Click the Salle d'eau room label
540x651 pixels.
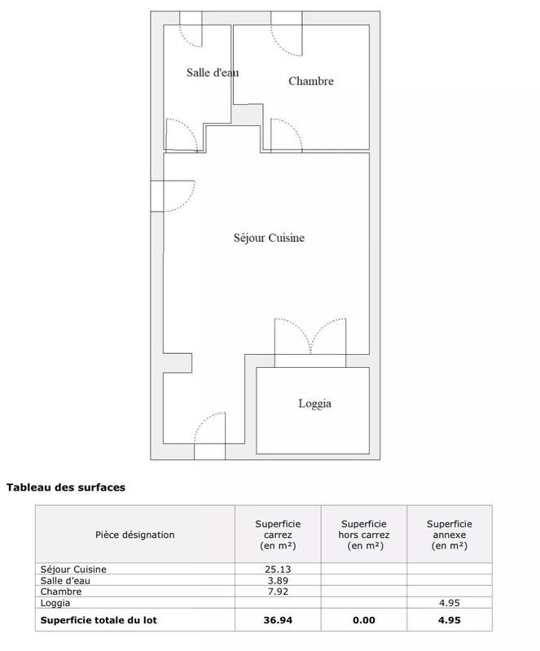click(x=213, y=72)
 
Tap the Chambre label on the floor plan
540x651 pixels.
click(x=311, y=81)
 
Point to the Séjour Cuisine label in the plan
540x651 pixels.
click(x=269, y=238)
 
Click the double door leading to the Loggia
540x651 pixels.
click(x=310, y=336)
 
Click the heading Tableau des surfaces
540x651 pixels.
click(x=66, y=488)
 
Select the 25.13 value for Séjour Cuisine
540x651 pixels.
click(x=278, y=569)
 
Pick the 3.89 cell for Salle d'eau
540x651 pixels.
click(x=278, y=580)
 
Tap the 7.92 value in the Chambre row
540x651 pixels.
click(x=278, y=592)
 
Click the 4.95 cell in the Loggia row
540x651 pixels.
click(x=450, y=603)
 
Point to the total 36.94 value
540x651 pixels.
click(x=278, y=619)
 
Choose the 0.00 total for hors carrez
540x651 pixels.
click(x=364, y=619)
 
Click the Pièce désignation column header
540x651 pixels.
click(x=135, y=535)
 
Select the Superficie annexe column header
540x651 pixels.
click(x=450, y=535)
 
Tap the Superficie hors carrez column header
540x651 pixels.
click(x=364, y=535)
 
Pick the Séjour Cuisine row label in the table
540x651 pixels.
click(x=73, y=569)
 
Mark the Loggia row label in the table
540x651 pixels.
click(x=55, y=603)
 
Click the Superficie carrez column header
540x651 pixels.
click(x=278, y=535)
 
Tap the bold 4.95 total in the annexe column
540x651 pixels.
click(x=450, y=619)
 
